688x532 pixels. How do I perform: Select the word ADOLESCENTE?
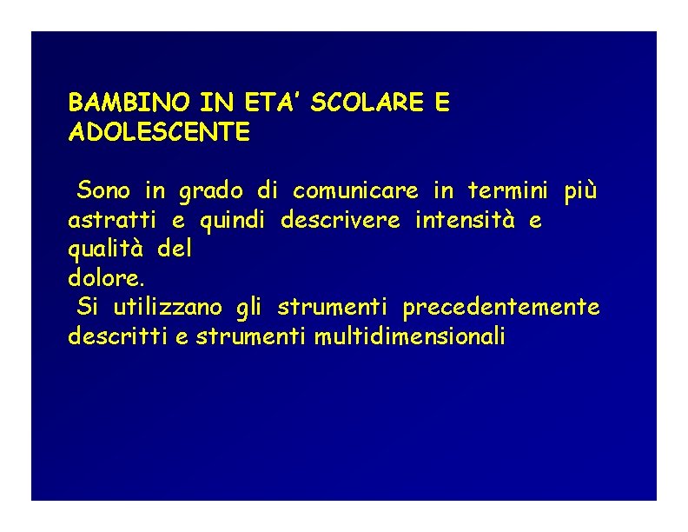(159, 133)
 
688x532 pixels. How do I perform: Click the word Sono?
(103, 190)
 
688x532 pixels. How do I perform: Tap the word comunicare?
(355, 190)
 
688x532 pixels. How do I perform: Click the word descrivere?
(341, 220)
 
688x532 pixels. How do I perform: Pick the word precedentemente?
(501, 308)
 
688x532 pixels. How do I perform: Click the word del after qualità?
(175, 249)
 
